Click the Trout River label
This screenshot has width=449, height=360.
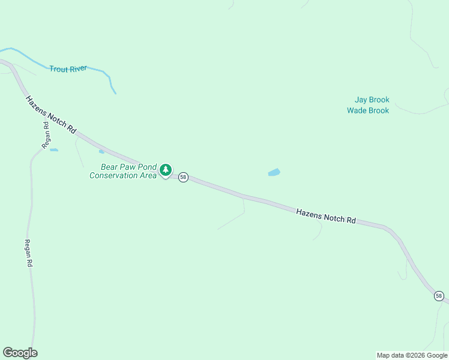click(68, 69)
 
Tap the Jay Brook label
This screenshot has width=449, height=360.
click(372, 100)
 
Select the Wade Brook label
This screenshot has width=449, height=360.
click(368, 110)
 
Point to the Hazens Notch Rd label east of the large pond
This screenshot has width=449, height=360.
click(326, 216)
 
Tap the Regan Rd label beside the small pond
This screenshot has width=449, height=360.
click(46, 135)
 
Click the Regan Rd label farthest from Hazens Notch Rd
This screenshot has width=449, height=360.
click(28, 253)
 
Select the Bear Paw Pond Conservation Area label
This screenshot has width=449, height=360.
click(123, 171)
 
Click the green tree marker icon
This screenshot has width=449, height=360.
click(166, 170)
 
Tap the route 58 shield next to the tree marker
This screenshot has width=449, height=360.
click(183, 178)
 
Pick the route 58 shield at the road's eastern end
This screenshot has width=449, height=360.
click(439, 296)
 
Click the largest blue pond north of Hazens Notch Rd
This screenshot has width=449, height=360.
click(274, 173)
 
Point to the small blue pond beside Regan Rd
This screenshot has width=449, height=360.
click(54, 149)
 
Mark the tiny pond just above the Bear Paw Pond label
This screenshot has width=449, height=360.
click(101, 151)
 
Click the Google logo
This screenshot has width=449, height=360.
click(20, 353)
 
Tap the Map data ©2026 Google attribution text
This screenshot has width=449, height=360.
click(412, 355)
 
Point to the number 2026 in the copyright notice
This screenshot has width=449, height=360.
click(417, 355)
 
